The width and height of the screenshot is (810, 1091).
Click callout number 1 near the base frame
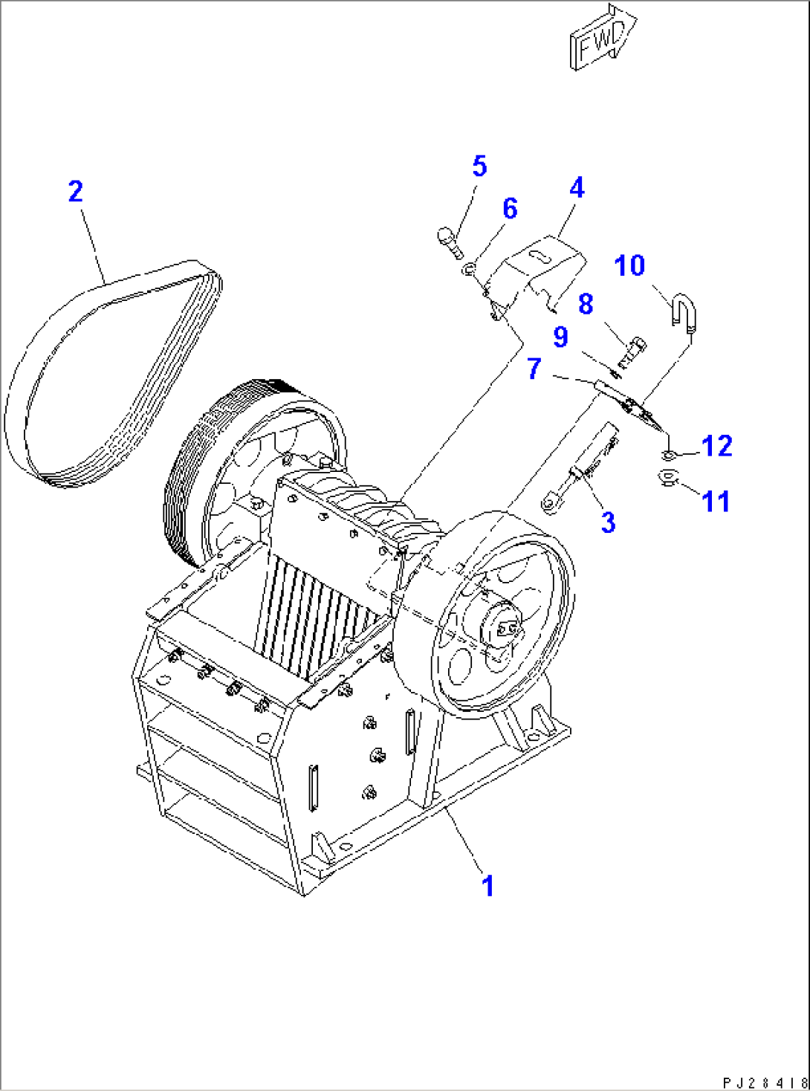(x=487, y=886)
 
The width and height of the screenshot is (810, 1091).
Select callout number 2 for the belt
(x=75, y=192)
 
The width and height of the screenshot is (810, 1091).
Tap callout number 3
(x=608, y=522)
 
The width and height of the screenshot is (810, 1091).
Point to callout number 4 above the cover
(x=577, y=187)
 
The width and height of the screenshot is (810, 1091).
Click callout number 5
(x=479, y=166)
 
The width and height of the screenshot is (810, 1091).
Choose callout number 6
(x=510, y=209)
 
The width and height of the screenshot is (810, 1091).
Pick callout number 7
(x=534, y=369)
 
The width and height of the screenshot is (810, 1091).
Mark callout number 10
(x=629, y=266)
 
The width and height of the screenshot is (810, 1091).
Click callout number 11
(x=716, y=502)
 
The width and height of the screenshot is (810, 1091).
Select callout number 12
(x=716, y=446)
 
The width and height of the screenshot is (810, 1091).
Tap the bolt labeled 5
(x=449, y=242)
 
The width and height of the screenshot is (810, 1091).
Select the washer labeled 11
(x=669, y=478)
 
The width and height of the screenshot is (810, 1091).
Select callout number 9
(x=560, y=337)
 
